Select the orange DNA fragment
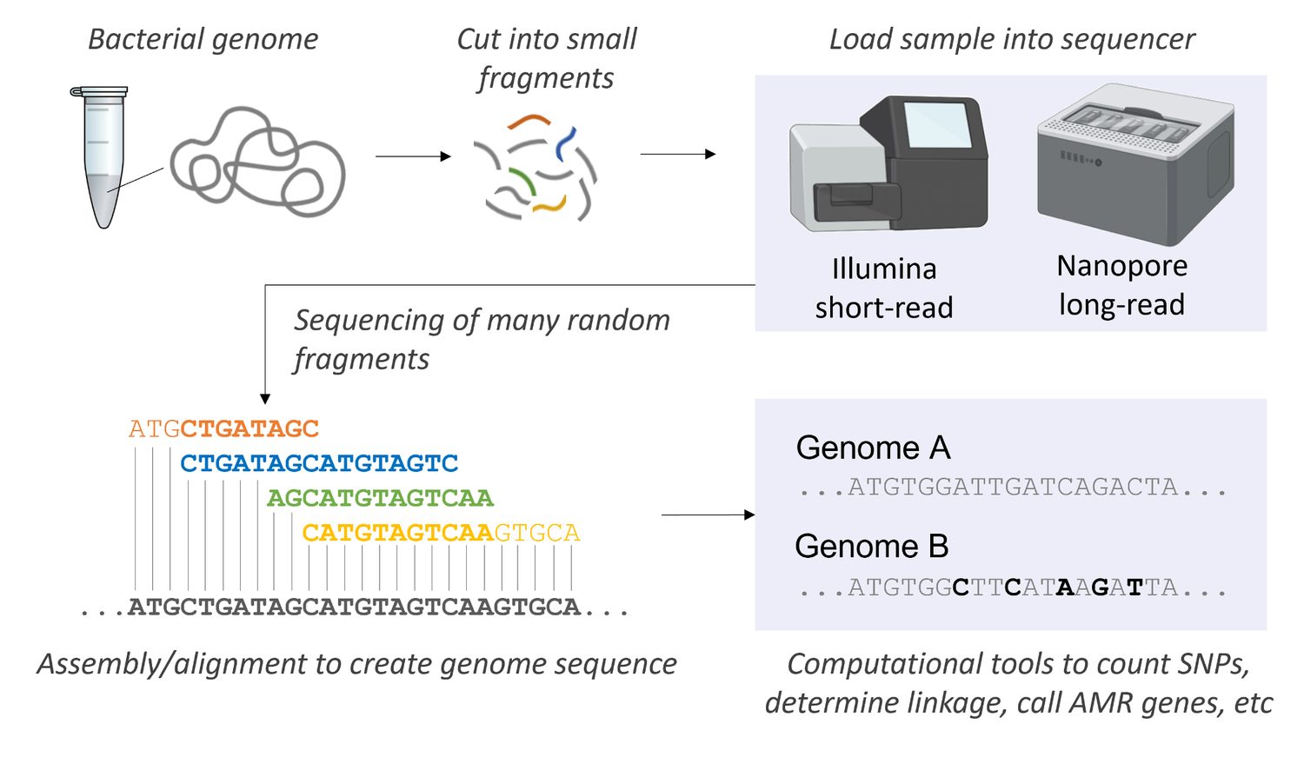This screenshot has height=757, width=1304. click(x=529, y=120)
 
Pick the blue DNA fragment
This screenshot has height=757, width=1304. click(x=565, y=143)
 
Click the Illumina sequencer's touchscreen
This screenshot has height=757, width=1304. click(x=937, y=125)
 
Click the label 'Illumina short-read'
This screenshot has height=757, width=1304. click(x=884, y=288)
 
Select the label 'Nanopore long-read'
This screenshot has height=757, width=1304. click(x=1121, y=285)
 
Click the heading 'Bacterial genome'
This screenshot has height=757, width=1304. click(x=203, y=40)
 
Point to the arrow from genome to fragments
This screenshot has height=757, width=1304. click(x=413, y=156)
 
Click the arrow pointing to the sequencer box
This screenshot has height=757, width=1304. click(x=678, y=154)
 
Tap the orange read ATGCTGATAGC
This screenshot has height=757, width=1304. click(x=223, y=428)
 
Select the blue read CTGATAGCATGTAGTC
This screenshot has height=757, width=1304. click(x=319, y=463)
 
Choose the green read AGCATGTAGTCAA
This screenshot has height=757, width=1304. click(x=380, y=498)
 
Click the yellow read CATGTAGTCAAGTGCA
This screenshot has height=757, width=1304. click(x=442, y=533)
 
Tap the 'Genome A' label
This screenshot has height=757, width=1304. click(x=873, y=448)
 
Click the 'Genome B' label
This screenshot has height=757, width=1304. click(x=872, y=547)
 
